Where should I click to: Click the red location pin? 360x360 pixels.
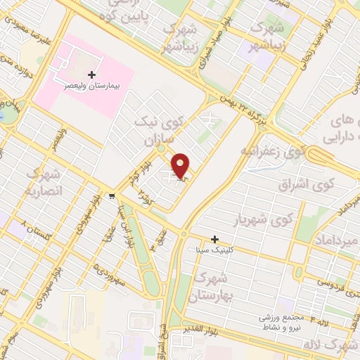pyautogui.click(x=181, y=166)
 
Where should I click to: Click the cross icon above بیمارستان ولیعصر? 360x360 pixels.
pyautogui.click(x=91, y=74)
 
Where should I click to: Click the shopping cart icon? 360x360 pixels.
pyautogui.click(x=112, y=195)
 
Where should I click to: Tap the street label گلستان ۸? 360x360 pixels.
pyautogui.click(x=37, y=227)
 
